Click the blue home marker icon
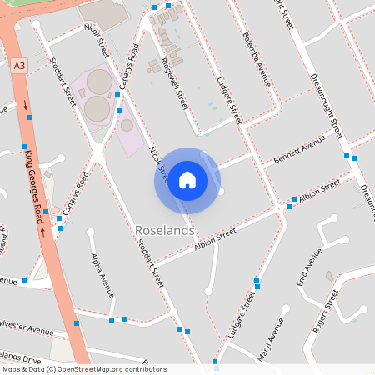pyautogui.click(x=187, y=179)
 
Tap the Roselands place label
pyautogui.click(x=164, y=229)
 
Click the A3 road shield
pyautogui.click(x=20, y=63)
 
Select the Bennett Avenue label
pyautogui.click(x=300, y=152)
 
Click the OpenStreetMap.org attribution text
pyautogui.click(x=121, y=368)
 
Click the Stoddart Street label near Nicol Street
pyautogui.click(x=64, y=81)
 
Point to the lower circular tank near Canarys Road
pyautogui.click(x=97, y=108)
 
